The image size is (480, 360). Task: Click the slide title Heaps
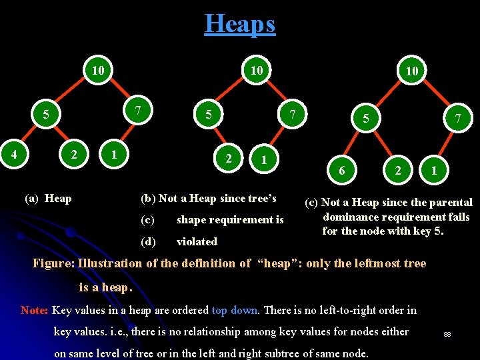pyautogui.click(x=239, y=24)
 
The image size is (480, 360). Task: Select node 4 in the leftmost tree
pyautogui.click(x=13, y=154)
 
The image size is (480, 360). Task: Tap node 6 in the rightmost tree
pyautogui.click(x=342, y=171)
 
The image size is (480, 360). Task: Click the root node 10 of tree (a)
pyautogui.click(x=99, y=70)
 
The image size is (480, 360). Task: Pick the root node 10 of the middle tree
pyautogui.click(x=256, y=70)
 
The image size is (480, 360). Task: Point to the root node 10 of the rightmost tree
pyautogui.click(x=412, y=71)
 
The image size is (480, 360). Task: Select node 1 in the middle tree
pyautogui.click(x=265, y=159)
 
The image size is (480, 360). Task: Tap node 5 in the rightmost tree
pyautogui.click(x=365, y=118)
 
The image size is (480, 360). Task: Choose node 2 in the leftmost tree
pyautogui.click(x=74, y=154)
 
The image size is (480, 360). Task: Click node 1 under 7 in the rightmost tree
pyautogui.click(x=434, y=171)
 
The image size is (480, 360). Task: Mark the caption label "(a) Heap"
pyautogui.click(x=48, y=198)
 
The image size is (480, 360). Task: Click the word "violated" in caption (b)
pyautogui.click(x=197, y=241)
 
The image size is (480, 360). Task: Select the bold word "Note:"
pyautogui.click(x=34, y=310)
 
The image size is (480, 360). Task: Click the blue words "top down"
pyautogui.click(x=235, y=310)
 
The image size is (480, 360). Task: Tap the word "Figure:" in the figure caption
pyautogui.click(x=53, y=263)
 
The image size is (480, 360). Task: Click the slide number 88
pyautogui.click(x=447, y=333)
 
